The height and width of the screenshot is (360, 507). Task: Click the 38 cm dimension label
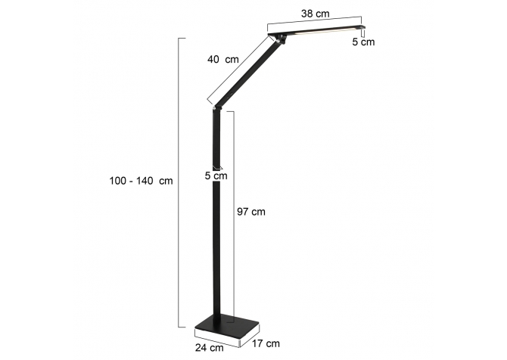tap(316, 14)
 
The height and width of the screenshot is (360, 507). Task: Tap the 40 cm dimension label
tap(222, 60)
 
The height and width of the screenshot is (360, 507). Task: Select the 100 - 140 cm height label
tap(141, 181)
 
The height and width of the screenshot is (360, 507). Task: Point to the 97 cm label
tap(251, 212)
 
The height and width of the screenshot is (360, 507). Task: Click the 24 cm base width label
tap(209, 348)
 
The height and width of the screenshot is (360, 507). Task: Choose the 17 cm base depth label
tap(266, 343)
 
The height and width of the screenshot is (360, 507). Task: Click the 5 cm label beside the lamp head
tap(363, 42)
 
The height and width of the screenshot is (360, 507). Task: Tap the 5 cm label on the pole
tap(216, 175)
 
